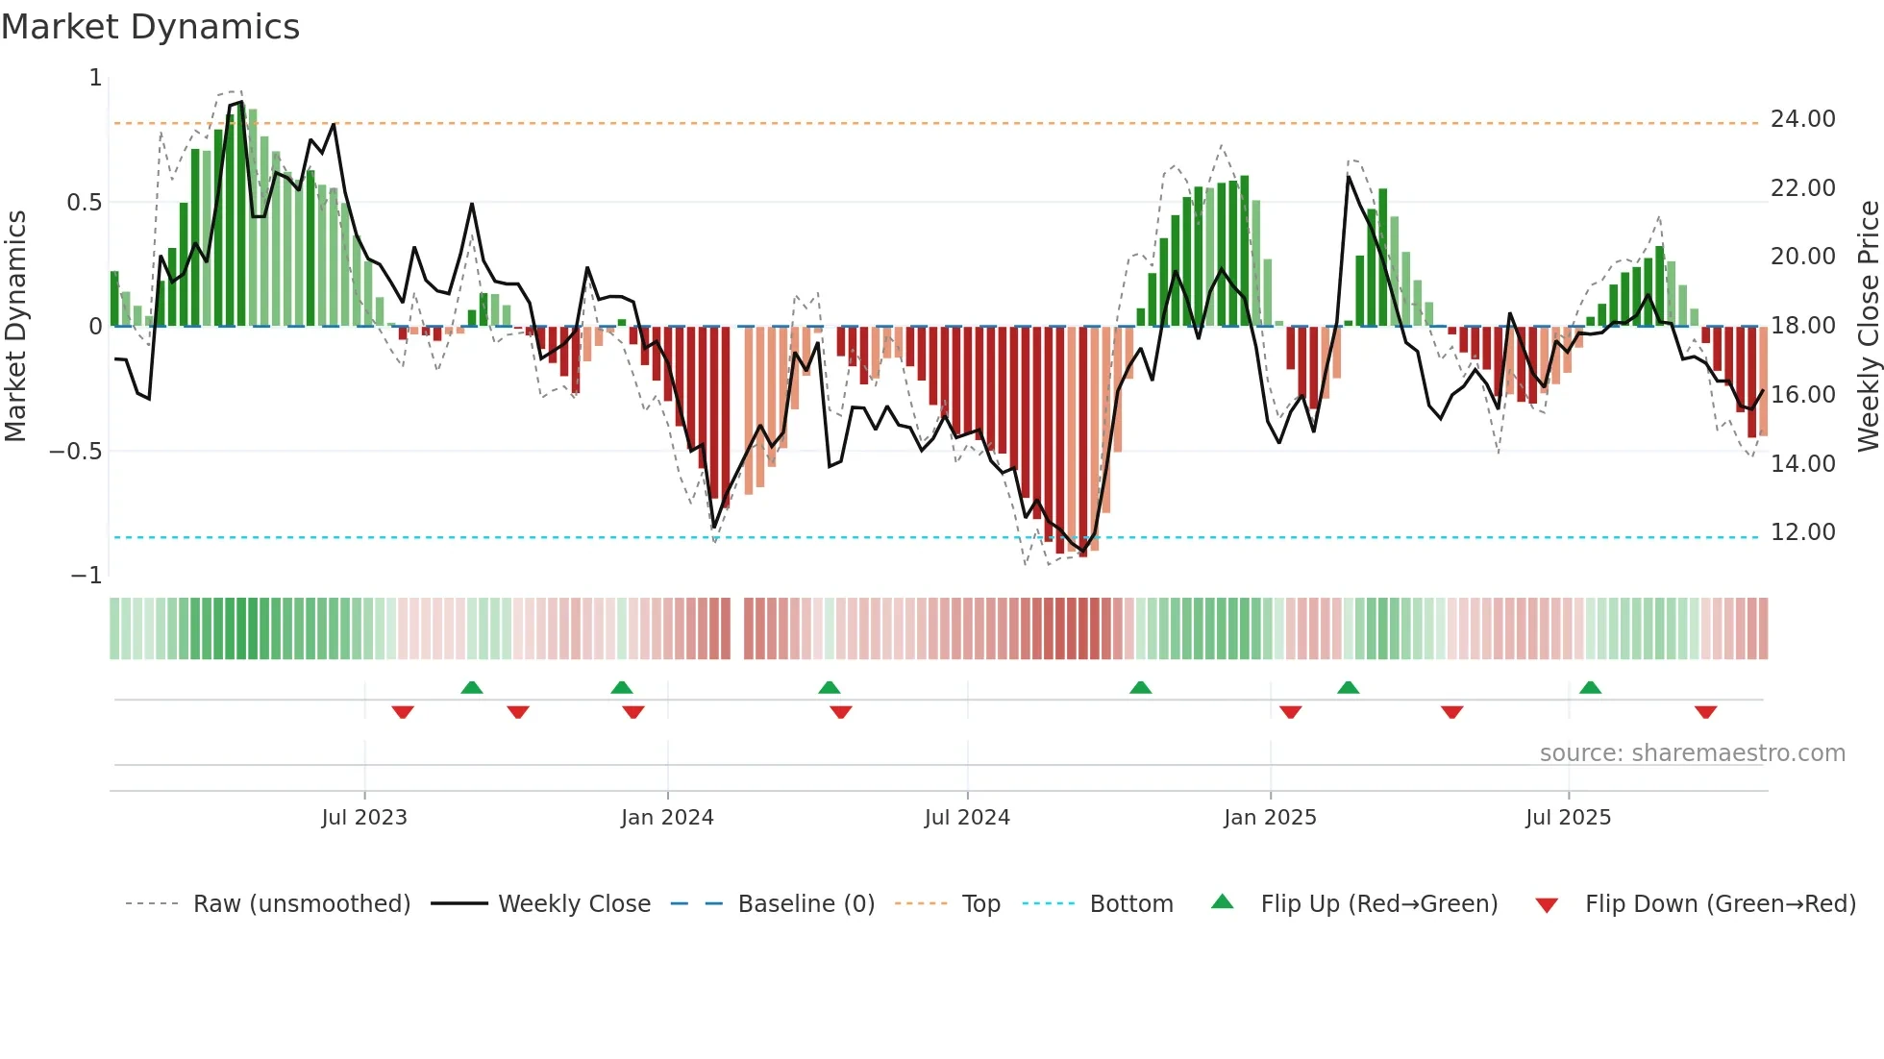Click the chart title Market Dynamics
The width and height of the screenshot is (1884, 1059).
(x=150, y=27)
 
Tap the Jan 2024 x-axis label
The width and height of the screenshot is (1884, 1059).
(x=667, y=818)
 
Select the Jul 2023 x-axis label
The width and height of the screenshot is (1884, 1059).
(x=364, y=818)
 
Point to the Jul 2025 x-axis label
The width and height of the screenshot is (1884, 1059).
(x=1568, y=818)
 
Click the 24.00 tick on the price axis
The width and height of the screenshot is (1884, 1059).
(x=1802, y=119)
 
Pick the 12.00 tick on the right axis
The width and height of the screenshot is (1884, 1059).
(x=1802, y=532)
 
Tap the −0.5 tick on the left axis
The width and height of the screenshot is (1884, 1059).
(x=75, y=452)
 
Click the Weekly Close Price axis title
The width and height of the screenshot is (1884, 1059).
(x=1868, y=326)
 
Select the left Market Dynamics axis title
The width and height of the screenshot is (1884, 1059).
(x=15, y=326)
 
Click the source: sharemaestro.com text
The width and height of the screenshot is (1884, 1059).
(x=1692, y=753)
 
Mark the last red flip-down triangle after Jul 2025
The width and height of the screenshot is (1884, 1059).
(x=1705, y=712)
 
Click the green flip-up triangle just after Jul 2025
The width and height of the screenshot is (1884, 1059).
(x=1590, y=688)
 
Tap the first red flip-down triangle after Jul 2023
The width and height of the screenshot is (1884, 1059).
(x=403, y=712)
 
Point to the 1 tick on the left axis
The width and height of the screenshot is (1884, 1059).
(x=95, y=78)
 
